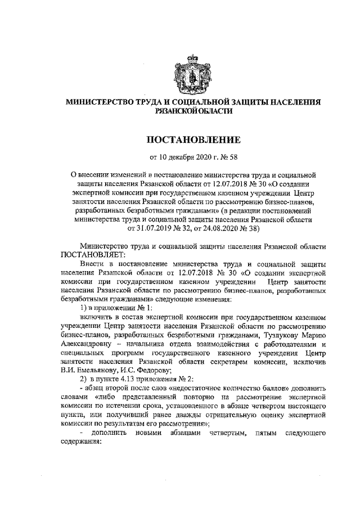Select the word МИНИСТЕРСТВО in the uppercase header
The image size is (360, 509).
coord(96,102)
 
